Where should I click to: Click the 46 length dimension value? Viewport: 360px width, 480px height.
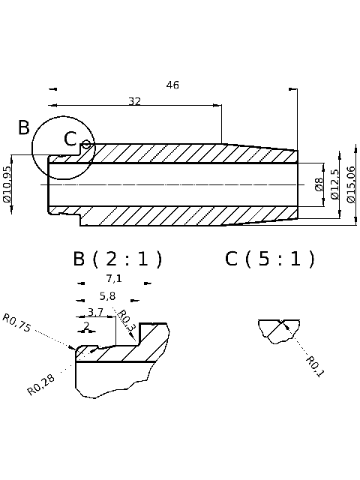point(172,85)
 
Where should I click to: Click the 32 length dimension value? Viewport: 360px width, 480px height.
point(135,101)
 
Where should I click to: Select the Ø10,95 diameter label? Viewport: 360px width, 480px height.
point(7,184)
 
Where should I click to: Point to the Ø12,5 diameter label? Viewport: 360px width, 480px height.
point(334,184)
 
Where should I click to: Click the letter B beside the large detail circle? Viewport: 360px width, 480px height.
point(24,127)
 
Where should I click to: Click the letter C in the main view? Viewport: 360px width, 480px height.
point(70,139)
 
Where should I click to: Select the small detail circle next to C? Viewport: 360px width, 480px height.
point(86,144)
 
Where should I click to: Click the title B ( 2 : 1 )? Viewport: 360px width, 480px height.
point(118,259)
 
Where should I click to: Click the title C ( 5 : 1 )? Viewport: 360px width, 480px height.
point(270,259)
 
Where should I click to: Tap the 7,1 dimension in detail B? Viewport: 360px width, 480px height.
point(114,278)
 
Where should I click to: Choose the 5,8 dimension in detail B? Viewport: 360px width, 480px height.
point(108,295)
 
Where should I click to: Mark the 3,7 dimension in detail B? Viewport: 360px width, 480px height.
point(95,312)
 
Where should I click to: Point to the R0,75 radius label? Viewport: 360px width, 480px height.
point(17,323)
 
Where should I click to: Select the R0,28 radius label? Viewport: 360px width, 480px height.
point(40,384)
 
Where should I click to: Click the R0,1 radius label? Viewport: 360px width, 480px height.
point(314,367)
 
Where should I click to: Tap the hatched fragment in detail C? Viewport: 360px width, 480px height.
point(278,331)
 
